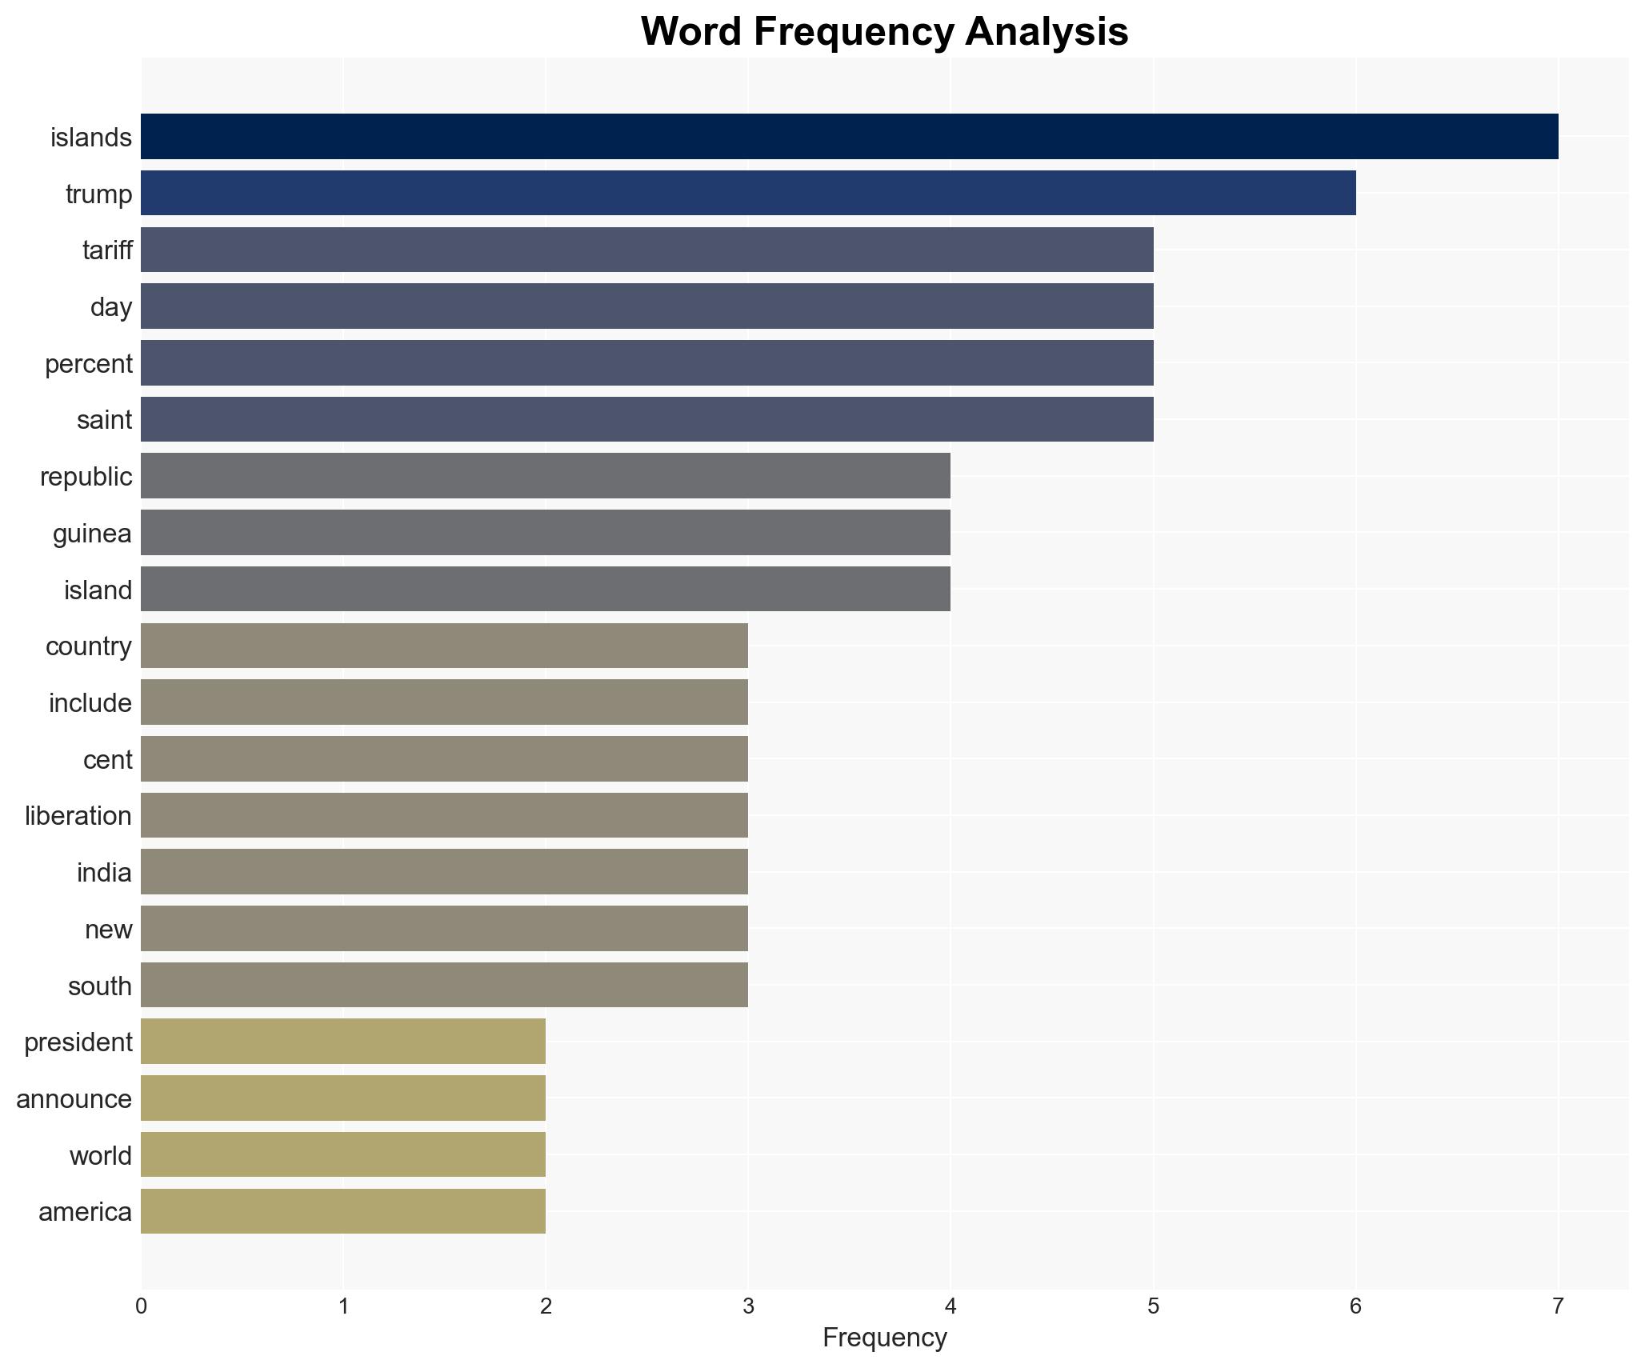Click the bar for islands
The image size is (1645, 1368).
tap(848, 137)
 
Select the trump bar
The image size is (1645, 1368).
tap(748, 193)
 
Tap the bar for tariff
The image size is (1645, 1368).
tap(646, 250)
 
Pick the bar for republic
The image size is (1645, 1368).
tap(545, 476)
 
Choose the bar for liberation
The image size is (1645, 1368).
tap(444, 815)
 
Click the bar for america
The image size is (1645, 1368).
tap(342, 1211)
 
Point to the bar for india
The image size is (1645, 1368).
tap(444, 872)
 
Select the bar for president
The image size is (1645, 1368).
tap(342, 1042)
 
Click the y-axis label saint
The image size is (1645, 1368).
tap(104, 420)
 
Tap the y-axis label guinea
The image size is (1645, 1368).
tap(92, 534)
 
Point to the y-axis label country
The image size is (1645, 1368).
tap(88, 646)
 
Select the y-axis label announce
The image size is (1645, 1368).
tap(74, 1099)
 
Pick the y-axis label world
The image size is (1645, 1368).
tap(100, 1156)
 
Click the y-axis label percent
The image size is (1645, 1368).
tap(88, 364)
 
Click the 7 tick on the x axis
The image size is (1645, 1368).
tap(1557, 1306)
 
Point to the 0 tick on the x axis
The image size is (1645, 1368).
tap(141, 1306)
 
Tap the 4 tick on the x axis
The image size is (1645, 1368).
tap(951, 1306)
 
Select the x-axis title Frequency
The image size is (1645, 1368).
tap(884, 1338)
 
